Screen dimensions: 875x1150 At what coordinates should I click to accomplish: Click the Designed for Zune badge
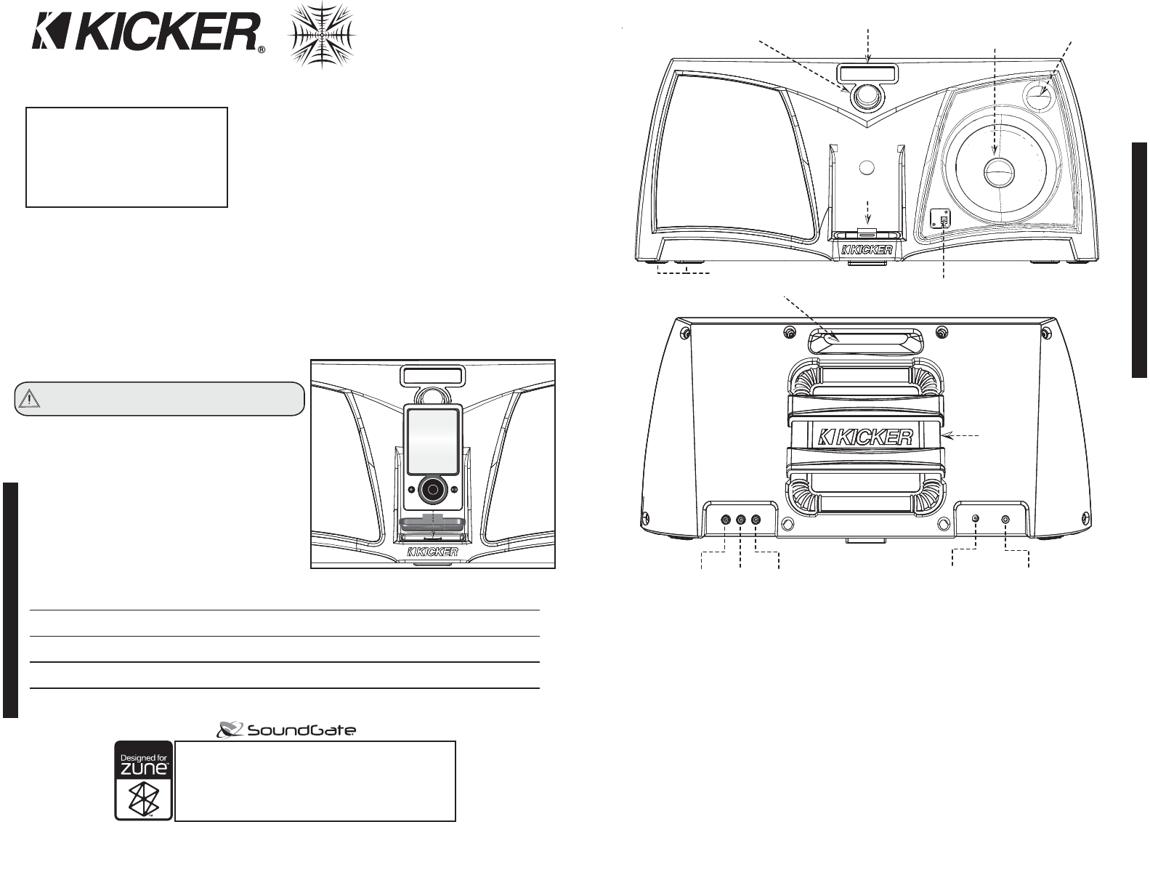[x=144, y=781]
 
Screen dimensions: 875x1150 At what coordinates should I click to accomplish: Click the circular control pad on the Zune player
[x=433, y=490]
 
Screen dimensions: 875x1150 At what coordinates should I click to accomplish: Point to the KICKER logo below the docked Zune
[x=432, y=552]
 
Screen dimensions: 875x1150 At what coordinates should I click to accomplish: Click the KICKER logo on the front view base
[x=867, y=249]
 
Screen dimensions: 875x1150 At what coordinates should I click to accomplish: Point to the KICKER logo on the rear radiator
[x=866, y=437]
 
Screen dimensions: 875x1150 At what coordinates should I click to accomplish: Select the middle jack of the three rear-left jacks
[x=740, y=520]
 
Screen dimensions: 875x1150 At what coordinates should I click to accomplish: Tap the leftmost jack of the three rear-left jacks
[x=726, y=520]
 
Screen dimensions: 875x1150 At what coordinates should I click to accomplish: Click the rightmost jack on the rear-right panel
[x=1005, y=520]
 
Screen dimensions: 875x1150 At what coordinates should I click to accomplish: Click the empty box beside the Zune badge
[x=315, y=781]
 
